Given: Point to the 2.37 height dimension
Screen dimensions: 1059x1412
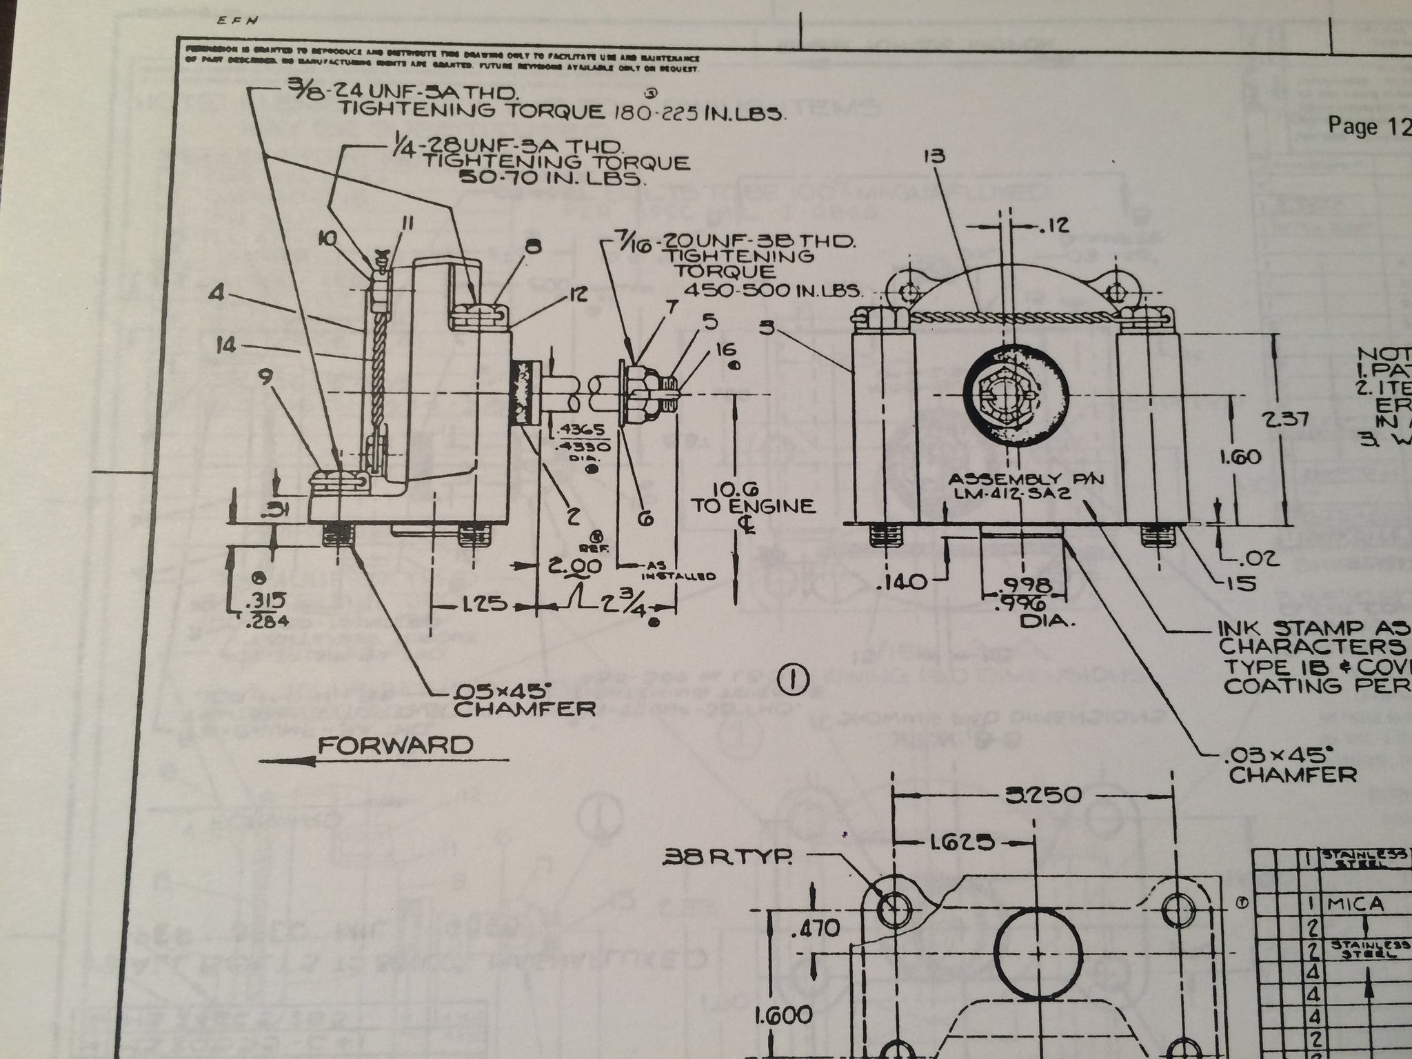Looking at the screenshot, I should [1298, 419].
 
